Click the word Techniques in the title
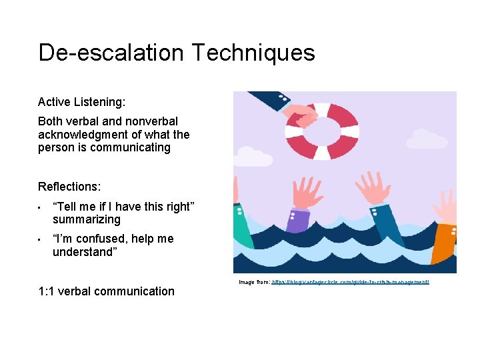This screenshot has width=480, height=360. pyautogui.click(x=259, y=52)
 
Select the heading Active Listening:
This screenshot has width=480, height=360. pyautogui.click(x=81, y=102)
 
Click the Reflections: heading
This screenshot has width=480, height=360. pyautogui.click(x=69, y=187)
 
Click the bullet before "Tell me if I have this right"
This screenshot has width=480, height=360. pyautogui.click(x=41, y=207)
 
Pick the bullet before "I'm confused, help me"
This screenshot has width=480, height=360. pyautogui.click(x=41, y=239)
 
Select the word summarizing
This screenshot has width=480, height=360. pyautogui.click(x=87, y=219)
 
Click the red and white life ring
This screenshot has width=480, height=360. pyautogui.click(x=323, y=131)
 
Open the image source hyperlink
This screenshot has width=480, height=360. pyautogui.click(x=350, y=283)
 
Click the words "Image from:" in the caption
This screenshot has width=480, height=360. pyautogui.click(x=254, y=283)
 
